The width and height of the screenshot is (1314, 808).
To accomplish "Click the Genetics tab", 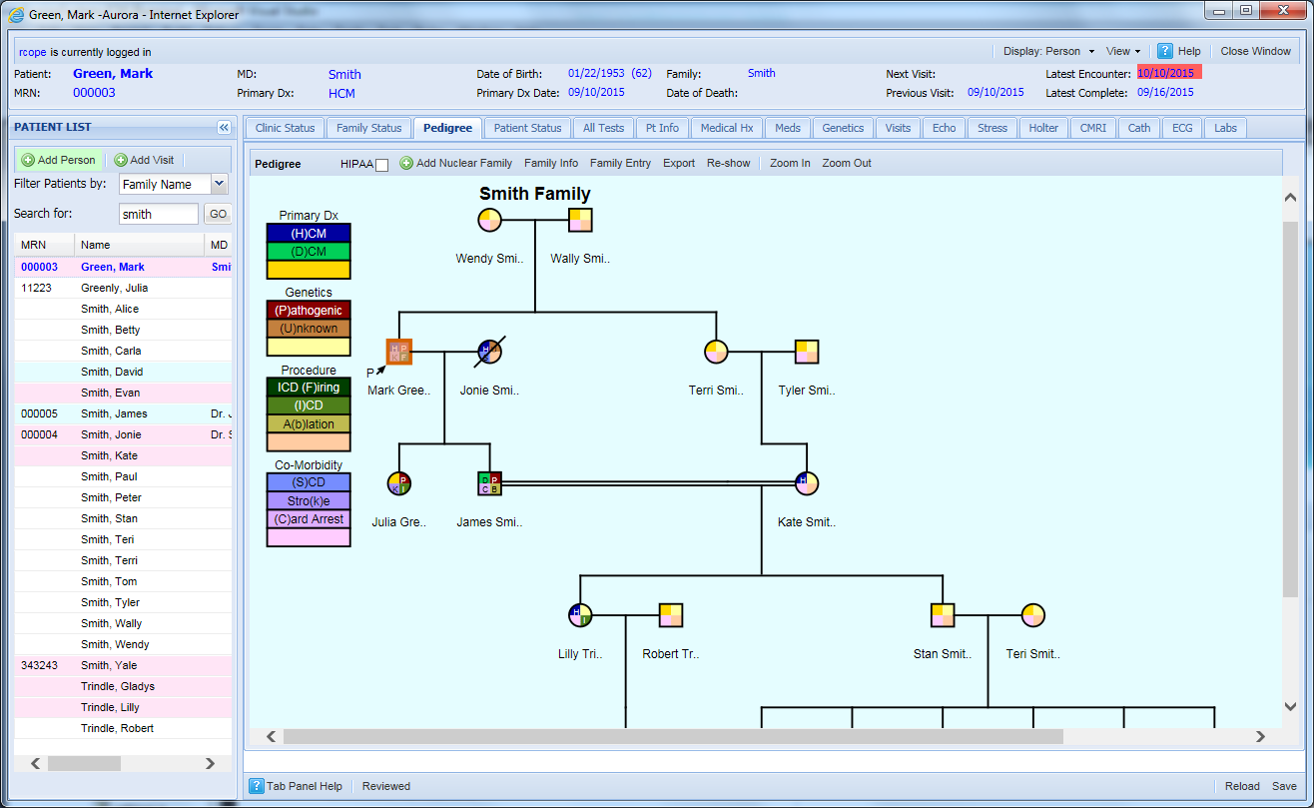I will [x=843, y=128].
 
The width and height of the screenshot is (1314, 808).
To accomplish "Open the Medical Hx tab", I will [x=726, y=128].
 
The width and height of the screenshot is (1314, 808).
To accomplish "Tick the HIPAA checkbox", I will [x=381, y=165].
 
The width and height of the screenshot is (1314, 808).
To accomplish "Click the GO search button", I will [x=217, y=214].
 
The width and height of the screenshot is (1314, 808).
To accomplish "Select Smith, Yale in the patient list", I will [x=109, y=665].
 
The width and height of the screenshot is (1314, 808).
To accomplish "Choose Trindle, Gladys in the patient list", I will [x=117, y=686].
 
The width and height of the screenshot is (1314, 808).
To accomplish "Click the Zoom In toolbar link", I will [x=790, y=163].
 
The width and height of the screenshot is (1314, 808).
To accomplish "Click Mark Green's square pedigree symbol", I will [x=399, y=352].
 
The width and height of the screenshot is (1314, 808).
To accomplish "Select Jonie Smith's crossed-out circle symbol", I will [x=489, y=352].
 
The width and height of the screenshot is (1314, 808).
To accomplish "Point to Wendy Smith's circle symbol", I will [x=489, y=220].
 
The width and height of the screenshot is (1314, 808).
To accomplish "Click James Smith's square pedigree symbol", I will [x=489, y=483].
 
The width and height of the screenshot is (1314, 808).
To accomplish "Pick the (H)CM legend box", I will [x=309, y=233].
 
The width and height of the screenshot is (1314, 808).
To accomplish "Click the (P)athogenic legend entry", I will [x=309, y=311].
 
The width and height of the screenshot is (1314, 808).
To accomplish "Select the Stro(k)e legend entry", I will [x=309, y=500].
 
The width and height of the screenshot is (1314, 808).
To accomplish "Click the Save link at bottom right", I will [x=1283, y=786].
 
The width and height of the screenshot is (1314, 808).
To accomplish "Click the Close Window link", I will [x=1255, y=51].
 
